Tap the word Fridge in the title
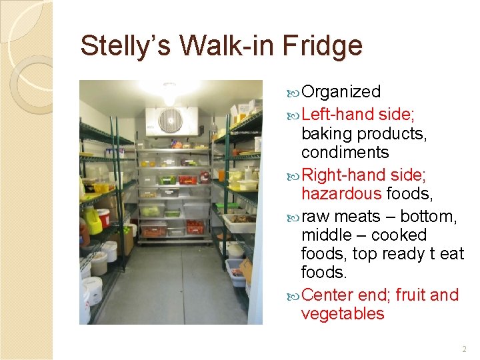pos(322,47)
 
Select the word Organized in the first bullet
pos(341,92)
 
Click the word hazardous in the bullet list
pos(341,194)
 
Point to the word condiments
pos(345,153)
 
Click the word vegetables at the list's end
pos(343,314)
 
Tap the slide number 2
pos(464,349)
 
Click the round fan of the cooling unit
pos(170,121)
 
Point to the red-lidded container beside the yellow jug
pos(104,218)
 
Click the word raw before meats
pos(316,217)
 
